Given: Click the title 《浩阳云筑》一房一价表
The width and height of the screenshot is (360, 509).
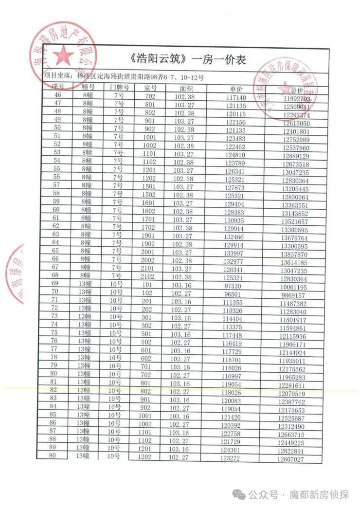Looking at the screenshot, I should (188, 60).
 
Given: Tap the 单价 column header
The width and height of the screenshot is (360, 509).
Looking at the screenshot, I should (236, 90).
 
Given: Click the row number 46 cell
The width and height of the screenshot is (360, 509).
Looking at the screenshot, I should (58, 94).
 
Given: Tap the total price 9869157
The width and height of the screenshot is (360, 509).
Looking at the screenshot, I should (293, 295).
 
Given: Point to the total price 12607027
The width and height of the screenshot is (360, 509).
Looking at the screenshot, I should (291, 459).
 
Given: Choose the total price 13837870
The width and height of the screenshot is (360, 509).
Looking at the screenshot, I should (294, 254).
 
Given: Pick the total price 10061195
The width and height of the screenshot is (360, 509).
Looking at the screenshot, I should (293, 287).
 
